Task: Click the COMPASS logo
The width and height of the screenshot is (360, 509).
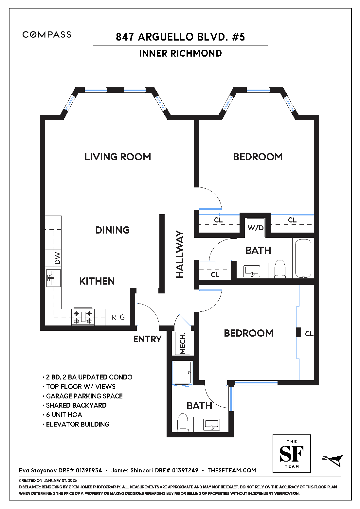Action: point(47,35)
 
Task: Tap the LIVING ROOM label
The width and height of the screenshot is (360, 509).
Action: point(118,157)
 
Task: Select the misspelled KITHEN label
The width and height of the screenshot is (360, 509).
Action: point(97,281)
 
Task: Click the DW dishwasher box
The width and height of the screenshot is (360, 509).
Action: point(53,258)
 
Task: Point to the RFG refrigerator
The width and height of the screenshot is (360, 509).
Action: point(118,317)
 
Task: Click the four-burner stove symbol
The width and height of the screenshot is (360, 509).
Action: point(83,317)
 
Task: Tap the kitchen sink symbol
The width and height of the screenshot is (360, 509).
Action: point(53,278)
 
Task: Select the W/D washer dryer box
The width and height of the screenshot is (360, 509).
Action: point(256,228)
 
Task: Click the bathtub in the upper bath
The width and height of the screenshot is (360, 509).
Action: point(303,258)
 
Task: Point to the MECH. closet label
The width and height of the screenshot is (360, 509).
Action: point(183,343)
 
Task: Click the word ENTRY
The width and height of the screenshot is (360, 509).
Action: point(147,339)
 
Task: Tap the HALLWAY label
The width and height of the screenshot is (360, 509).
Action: point(180,254)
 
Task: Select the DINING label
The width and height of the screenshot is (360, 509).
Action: point(112,230)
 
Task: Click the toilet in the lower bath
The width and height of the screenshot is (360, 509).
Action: point(183,422)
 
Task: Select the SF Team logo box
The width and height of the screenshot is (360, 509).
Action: point(292,454)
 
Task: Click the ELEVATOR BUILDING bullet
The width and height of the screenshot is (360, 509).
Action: point(76,424)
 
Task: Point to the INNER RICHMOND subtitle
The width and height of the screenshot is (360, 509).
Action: point(180,53)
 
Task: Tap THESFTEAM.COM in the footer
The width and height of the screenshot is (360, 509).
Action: point(232,470)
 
